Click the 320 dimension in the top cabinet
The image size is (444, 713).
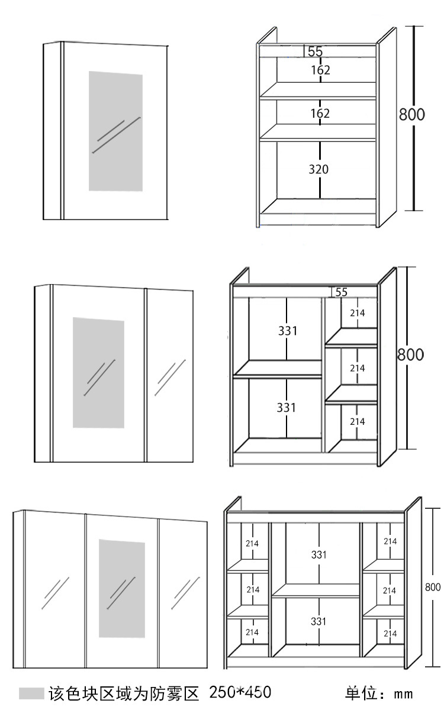(x=318, y=169)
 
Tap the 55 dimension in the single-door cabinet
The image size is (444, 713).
(x=315, y=52)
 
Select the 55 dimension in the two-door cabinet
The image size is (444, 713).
(x=341, y=292)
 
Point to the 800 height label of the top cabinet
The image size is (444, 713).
(x=411, y=114)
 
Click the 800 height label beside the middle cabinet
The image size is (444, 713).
(x=410, y=355)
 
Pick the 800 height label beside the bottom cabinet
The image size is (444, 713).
(x=433, y=587)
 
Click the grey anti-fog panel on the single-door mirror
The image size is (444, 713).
(x=115, y=131)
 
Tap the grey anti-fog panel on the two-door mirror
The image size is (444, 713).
(x=98, y=373)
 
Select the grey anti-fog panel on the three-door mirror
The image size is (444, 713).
(x=121, y=588)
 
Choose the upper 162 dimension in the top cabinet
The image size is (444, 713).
(x=320, y=70)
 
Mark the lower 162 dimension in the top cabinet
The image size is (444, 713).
(x=320, y=113)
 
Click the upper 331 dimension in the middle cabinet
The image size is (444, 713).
(x=288, y=331)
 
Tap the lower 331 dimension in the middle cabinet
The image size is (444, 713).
(x=288, y=408)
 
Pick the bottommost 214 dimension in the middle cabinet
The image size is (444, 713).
(x=357, y=422)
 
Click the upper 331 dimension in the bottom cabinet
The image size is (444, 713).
(x=318, y=555)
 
